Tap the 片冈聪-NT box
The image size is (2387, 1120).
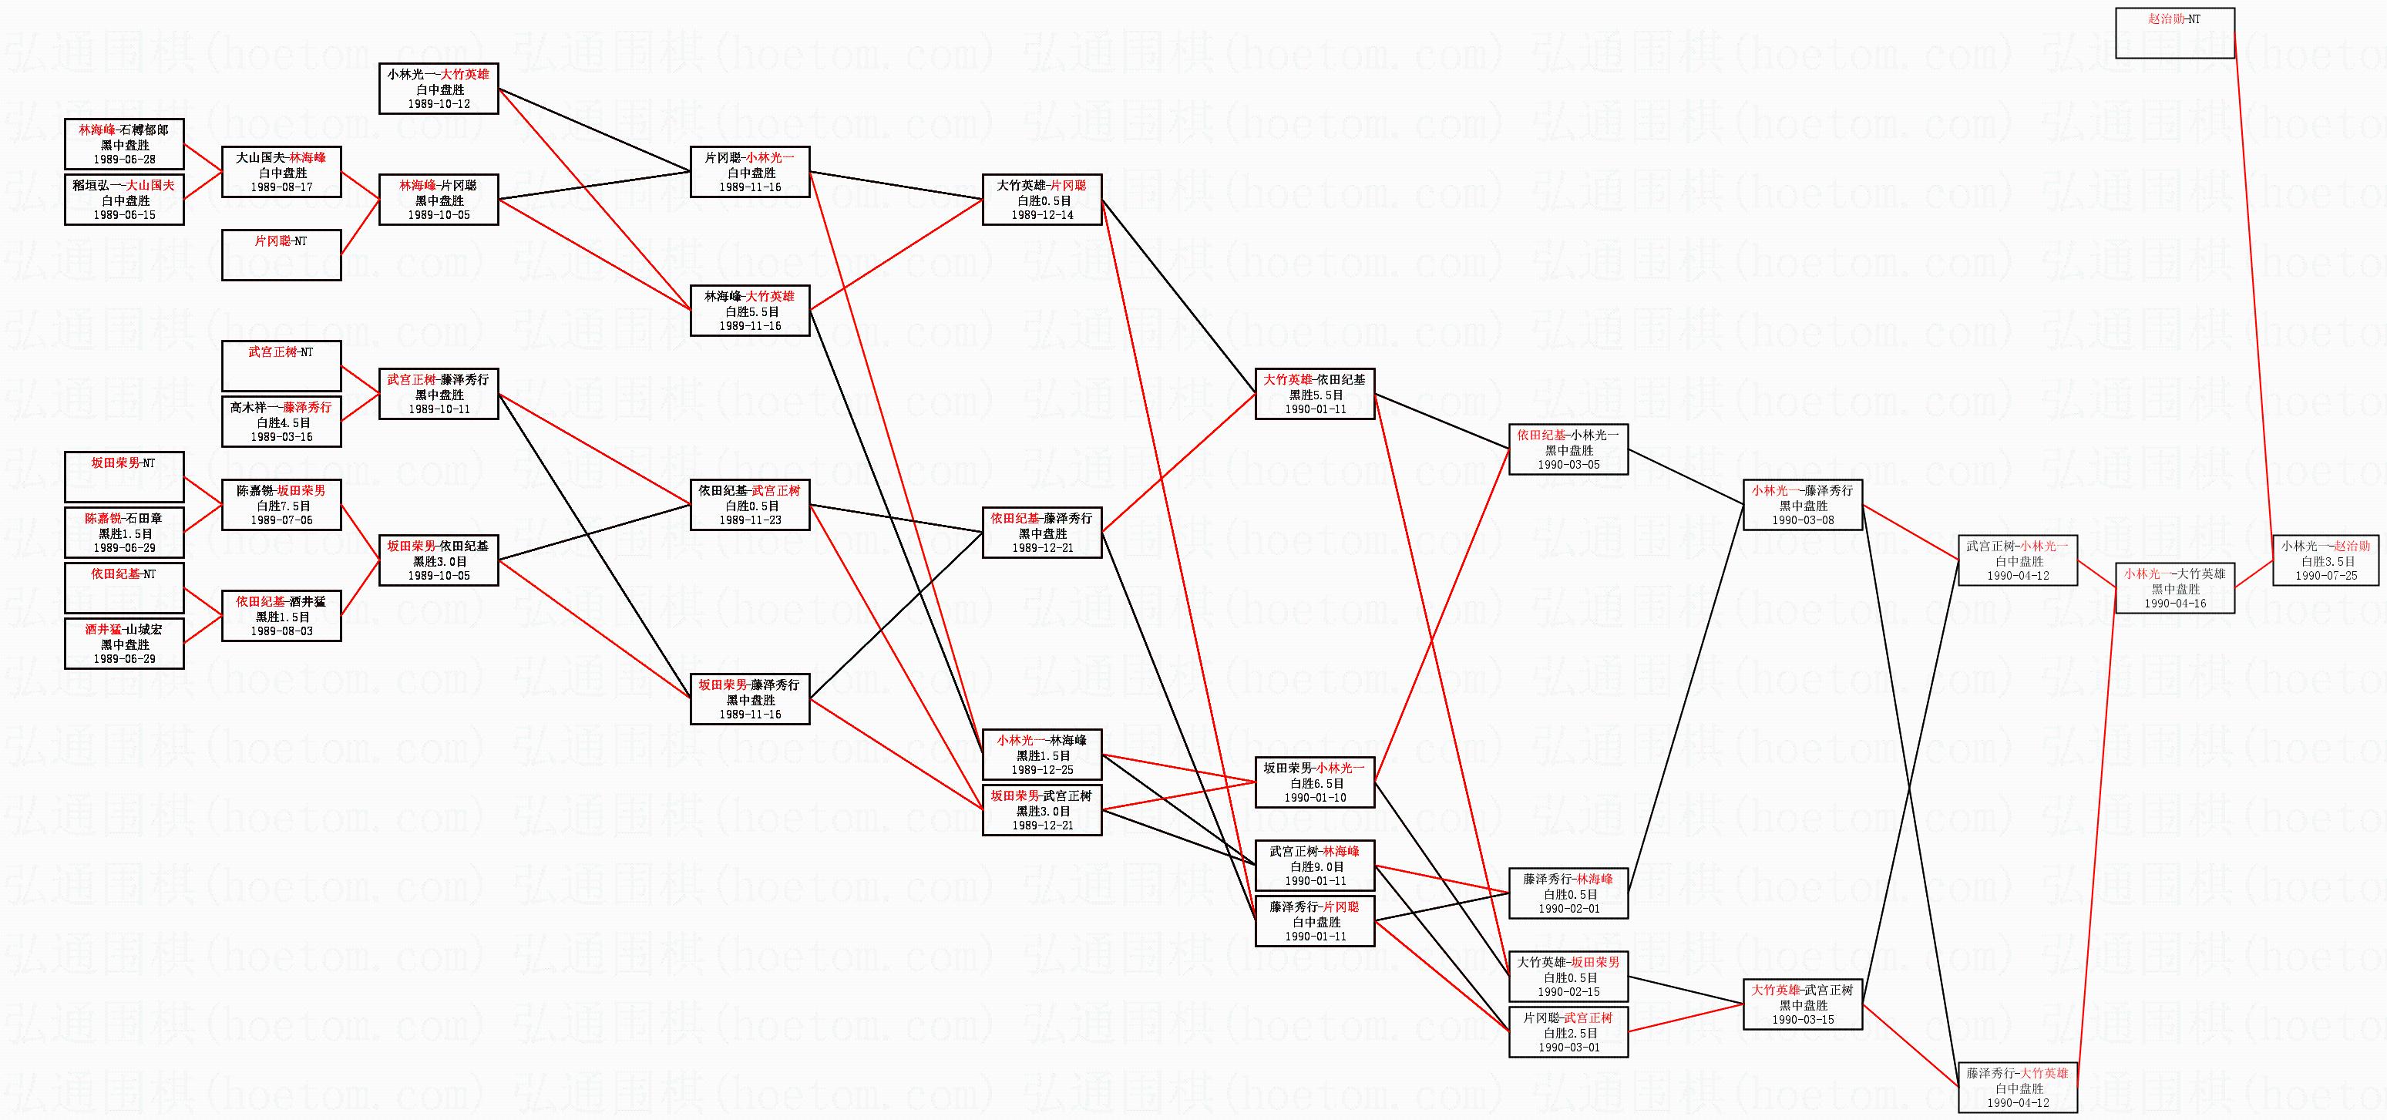coord(281,255)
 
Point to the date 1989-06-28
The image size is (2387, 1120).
coord(124,160)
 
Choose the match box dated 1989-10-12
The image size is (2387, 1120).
coord(439,89)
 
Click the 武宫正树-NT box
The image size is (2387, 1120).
coord(281,366)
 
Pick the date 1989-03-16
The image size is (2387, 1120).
coord(281,436)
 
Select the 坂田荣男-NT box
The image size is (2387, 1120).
coord(124,476)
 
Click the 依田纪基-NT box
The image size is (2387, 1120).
coord(124,587)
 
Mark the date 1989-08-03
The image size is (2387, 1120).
coord(281,631)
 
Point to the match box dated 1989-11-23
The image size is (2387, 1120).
coord(750,505)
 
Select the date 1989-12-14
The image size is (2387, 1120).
coord(1043,215)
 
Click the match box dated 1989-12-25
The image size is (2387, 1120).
coord(1043,754)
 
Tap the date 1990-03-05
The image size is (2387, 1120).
coord(1568,465)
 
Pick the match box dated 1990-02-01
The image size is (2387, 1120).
coord(1568,894)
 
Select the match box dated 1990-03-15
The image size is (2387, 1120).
coord(1802,1004)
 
